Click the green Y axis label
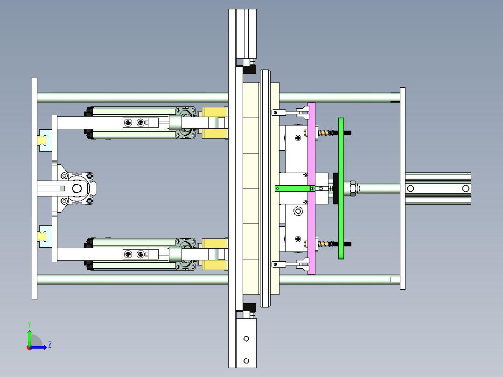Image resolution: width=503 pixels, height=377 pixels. (x=29, y=324)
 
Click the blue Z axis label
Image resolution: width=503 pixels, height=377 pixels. (x=50, y=345)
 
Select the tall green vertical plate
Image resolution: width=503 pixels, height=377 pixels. (x=341, y=188)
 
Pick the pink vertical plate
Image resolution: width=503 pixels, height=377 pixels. (x=311, y=188)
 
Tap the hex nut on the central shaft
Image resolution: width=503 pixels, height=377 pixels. (x=352, y=188)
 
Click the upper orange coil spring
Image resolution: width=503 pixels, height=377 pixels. (x=325, y=133)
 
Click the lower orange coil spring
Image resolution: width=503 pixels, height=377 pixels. (x=325, y=244)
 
